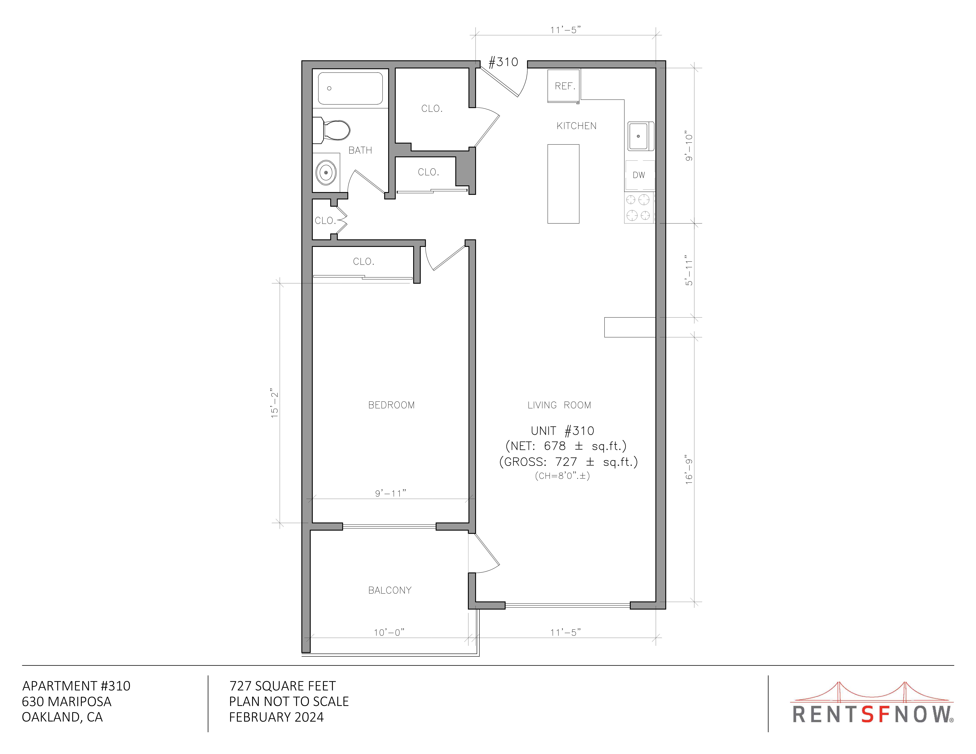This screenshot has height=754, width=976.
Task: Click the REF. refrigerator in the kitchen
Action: (564, 86)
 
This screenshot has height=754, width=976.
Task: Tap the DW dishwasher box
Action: (639, 175)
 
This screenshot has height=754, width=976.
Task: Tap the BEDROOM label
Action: (391, 405)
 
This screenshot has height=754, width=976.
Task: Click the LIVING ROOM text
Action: (559, 405)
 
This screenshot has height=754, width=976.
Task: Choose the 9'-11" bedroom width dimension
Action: (391, 493)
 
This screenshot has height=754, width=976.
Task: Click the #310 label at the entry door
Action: (503, 62)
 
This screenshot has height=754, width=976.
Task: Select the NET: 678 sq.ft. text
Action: (566, 446)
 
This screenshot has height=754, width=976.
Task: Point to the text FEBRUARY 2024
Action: (276, 717)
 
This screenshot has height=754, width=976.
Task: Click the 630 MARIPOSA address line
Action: (67, 701)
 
